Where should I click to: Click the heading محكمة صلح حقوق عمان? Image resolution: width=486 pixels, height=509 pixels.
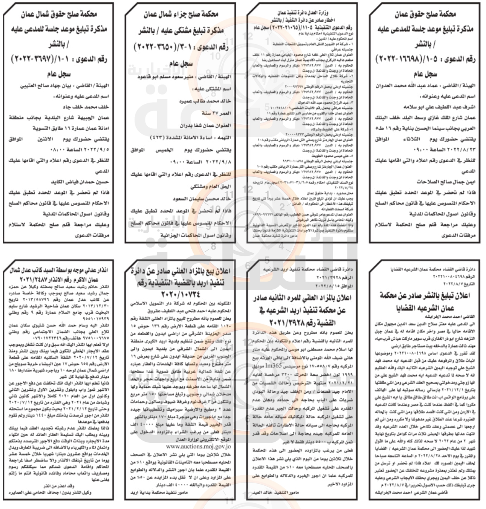tap(425, 15)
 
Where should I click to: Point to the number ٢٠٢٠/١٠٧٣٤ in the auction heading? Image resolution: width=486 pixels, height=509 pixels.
tap(178, 295)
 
